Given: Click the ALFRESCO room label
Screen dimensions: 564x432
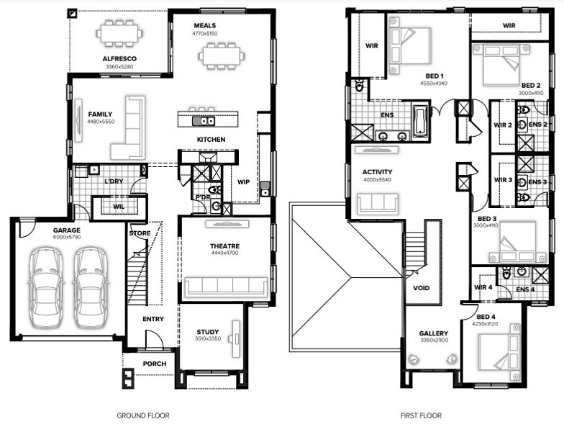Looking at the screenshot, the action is tap(119, 59).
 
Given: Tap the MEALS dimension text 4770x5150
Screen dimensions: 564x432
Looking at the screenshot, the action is tap(204, 33).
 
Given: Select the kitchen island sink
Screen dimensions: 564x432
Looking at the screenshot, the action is tap(204, 121).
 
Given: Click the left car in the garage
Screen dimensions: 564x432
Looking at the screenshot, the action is tap(46, 288).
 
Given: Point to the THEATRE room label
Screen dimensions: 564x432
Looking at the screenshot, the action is tap(224, 246).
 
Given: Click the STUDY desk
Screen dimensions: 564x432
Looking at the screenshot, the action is tap(236, 338).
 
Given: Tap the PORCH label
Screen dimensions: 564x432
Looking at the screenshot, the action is tap(155, 364).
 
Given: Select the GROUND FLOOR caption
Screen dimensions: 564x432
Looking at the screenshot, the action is tap(142, 415).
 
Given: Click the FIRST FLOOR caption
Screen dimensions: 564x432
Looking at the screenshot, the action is tap(421, 415).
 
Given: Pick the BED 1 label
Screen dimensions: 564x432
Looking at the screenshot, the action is tap(435, 76).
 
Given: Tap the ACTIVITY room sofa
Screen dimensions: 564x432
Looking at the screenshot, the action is tap(377, 204).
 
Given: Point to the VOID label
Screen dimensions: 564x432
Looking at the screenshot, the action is tap(422, 288).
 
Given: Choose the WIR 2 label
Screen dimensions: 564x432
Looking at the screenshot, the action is tap(503, 125).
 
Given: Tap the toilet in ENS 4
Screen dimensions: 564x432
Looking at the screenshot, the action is tap(506, 274).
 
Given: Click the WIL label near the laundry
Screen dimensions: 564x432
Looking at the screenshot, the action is tap(119, 207).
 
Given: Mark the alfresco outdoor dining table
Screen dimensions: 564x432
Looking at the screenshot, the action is tap(119, 33).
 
